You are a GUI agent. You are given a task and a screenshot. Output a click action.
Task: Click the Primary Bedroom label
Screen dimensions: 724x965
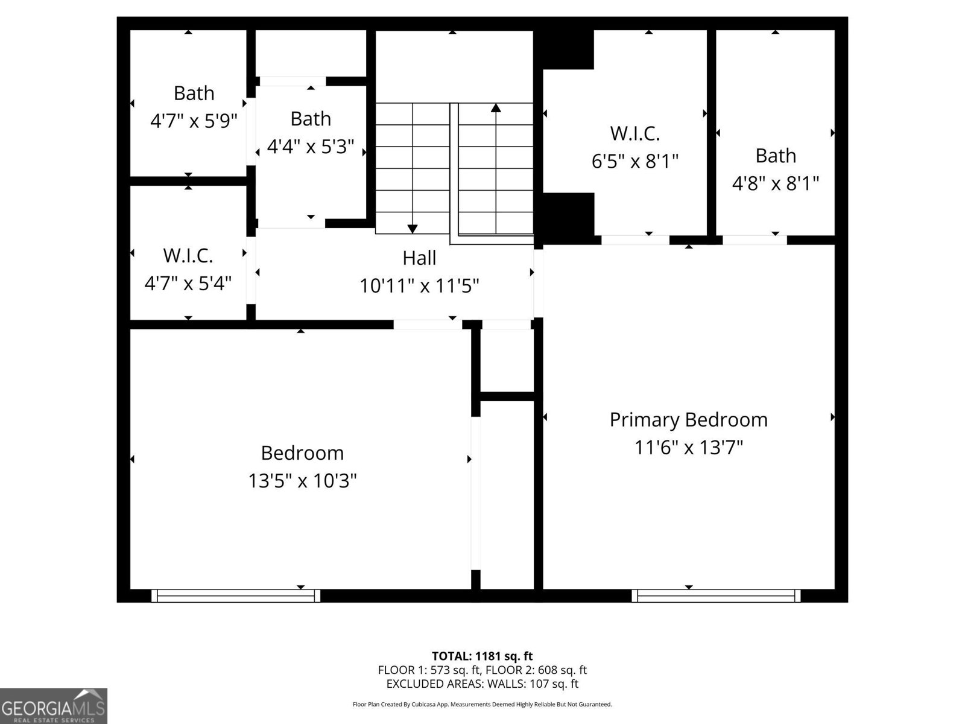688,419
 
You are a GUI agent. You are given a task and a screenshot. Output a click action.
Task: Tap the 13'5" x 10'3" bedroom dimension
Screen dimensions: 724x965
302,481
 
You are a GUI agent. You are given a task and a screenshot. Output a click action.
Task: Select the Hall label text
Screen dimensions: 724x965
419,258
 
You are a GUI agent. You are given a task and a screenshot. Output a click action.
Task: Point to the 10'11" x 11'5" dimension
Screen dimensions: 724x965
419,285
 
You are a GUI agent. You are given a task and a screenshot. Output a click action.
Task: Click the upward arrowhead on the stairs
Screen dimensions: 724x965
496,109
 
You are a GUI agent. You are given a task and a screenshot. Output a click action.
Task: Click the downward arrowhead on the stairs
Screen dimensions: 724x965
413,228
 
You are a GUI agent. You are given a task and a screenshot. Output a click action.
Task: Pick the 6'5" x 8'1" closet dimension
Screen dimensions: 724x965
634,161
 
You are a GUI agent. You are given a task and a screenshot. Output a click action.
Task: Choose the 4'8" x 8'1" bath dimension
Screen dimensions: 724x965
775,183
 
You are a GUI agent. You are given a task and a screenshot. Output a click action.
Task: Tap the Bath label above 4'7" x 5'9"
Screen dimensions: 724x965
194,94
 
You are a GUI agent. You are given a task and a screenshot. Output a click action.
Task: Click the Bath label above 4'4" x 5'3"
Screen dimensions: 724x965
311,119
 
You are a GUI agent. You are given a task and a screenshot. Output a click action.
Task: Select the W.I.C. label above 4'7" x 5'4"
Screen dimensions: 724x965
188,256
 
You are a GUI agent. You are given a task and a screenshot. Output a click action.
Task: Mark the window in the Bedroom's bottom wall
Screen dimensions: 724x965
236,596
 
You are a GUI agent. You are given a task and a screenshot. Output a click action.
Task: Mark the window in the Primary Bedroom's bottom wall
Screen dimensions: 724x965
716,596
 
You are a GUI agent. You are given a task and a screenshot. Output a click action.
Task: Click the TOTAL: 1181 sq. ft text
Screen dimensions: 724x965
482,656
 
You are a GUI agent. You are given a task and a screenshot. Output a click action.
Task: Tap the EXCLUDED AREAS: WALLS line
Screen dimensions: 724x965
482,684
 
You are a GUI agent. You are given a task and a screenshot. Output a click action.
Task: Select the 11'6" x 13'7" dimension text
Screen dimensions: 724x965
688,448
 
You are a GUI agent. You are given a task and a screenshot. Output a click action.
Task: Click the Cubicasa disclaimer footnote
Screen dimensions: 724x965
482,704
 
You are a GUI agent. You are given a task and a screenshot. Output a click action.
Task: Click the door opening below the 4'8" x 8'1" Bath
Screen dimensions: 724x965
755,240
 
